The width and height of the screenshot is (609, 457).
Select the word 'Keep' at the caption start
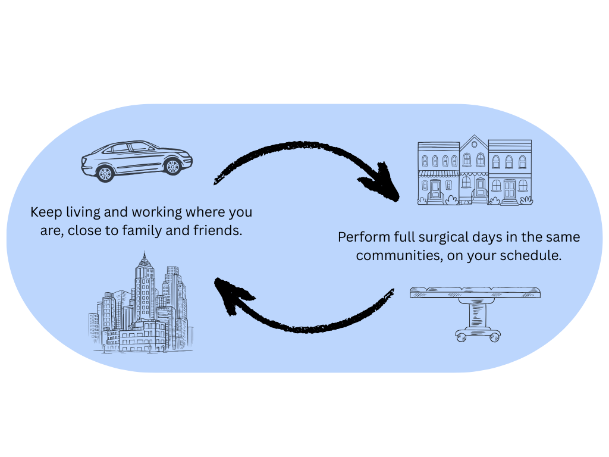pos(44,212)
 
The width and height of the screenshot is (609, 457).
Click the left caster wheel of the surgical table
pos(462,337)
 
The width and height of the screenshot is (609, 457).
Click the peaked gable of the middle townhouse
pos(473,143)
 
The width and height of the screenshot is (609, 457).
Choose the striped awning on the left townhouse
pos(438,174)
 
